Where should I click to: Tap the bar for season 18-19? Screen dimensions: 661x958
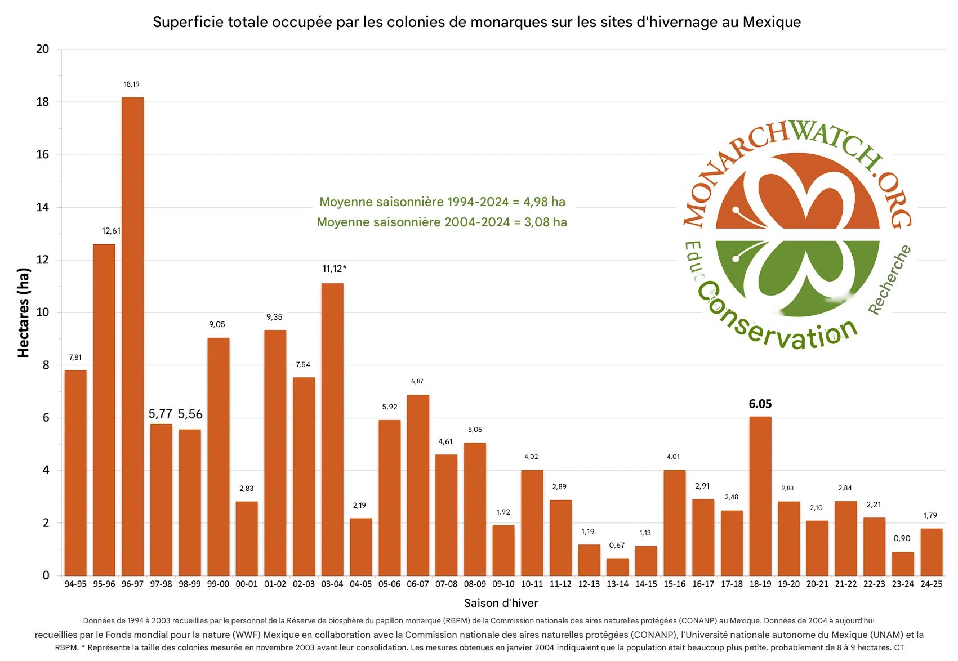760,495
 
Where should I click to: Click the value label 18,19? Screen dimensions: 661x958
132,84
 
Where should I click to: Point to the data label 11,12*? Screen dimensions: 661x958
334,269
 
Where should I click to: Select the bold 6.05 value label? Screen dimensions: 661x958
760,404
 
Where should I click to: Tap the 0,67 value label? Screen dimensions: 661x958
617,546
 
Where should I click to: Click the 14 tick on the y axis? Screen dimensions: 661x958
43,207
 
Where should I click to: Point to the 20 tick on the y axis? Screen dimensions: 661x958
43,49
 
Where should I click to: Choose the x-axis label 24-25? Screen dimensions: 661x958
931,584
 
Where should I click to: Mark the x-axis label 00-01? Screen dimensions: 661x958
247,584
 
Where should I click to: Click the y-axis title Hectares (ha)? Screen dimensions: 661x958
24,312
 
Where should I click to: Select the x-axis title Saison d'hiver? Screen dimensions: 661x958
501,603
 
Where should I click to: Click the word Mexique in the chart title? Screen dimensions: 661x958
772,22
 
